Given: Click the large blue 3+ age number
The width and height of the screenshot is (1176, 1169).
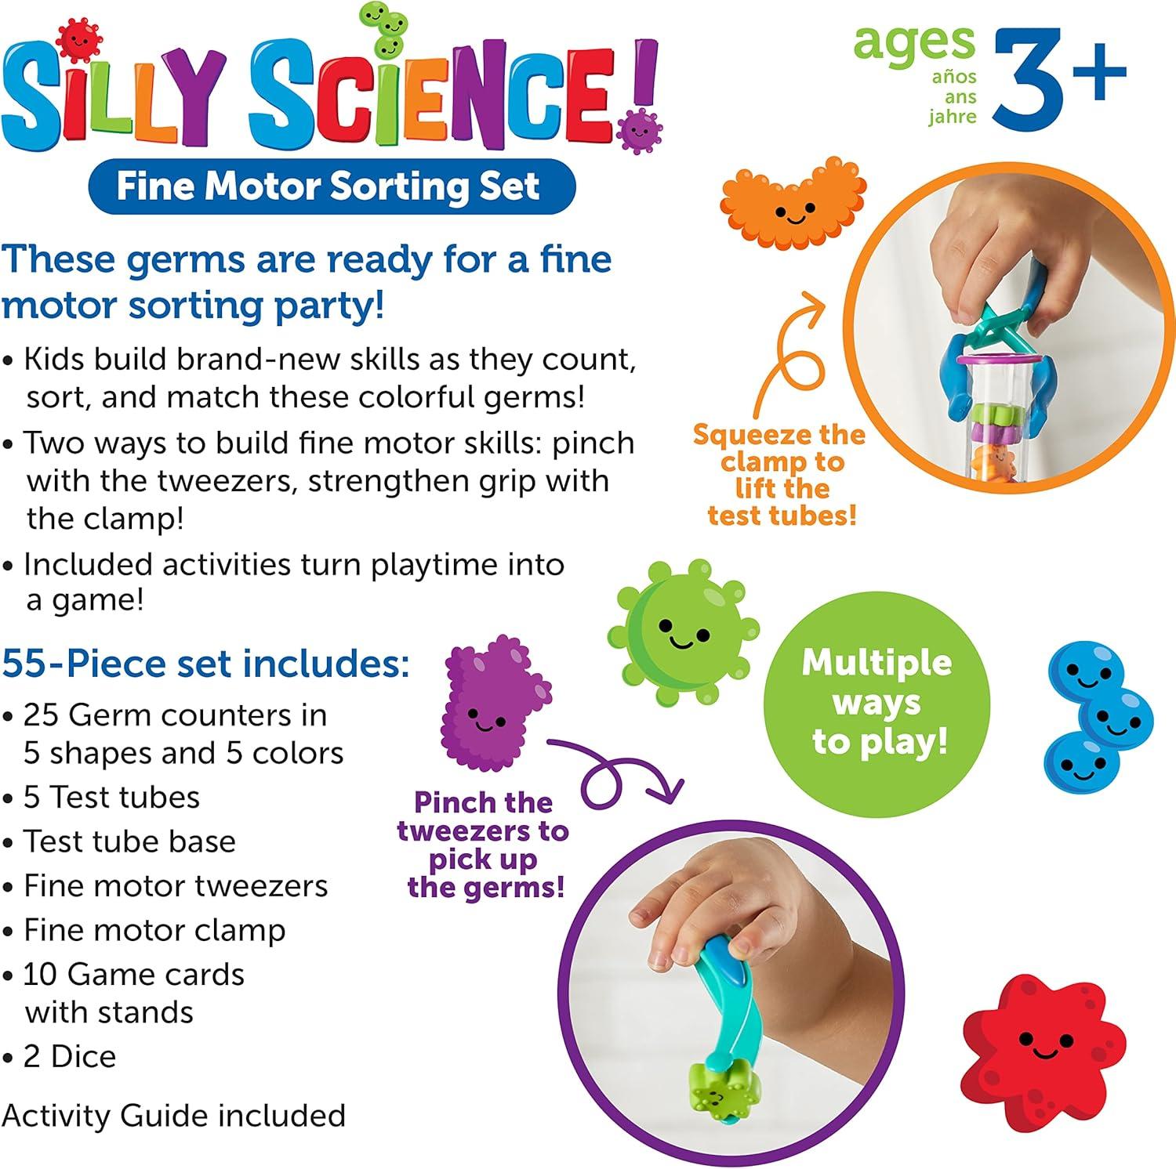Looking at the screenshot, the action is (x=1060, y=79).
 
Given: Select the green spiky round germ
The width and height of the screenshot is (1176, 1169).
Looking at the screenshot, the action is (x=683, y=631).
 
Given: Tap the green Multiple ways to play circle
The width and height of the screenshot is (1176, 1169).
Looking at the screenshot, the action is (x=877, y=704).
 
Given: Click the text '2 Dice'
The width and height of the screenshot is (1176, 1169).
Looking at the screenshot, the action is (x=70, y=1057).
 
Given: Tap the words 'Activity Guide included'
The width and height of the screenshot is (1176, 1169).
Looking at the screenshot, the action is (x=173, y=1116).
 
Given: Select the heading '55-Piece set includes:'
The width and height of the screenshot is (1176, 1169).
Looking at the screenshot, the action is (x=205, y=664).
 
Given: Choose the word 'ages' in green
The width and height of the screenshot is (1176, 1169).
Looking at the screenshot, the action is (x=914, y=45).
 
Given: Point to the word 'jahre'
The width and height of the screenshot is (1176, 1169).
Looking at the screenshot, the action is (x=953, y=118).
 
